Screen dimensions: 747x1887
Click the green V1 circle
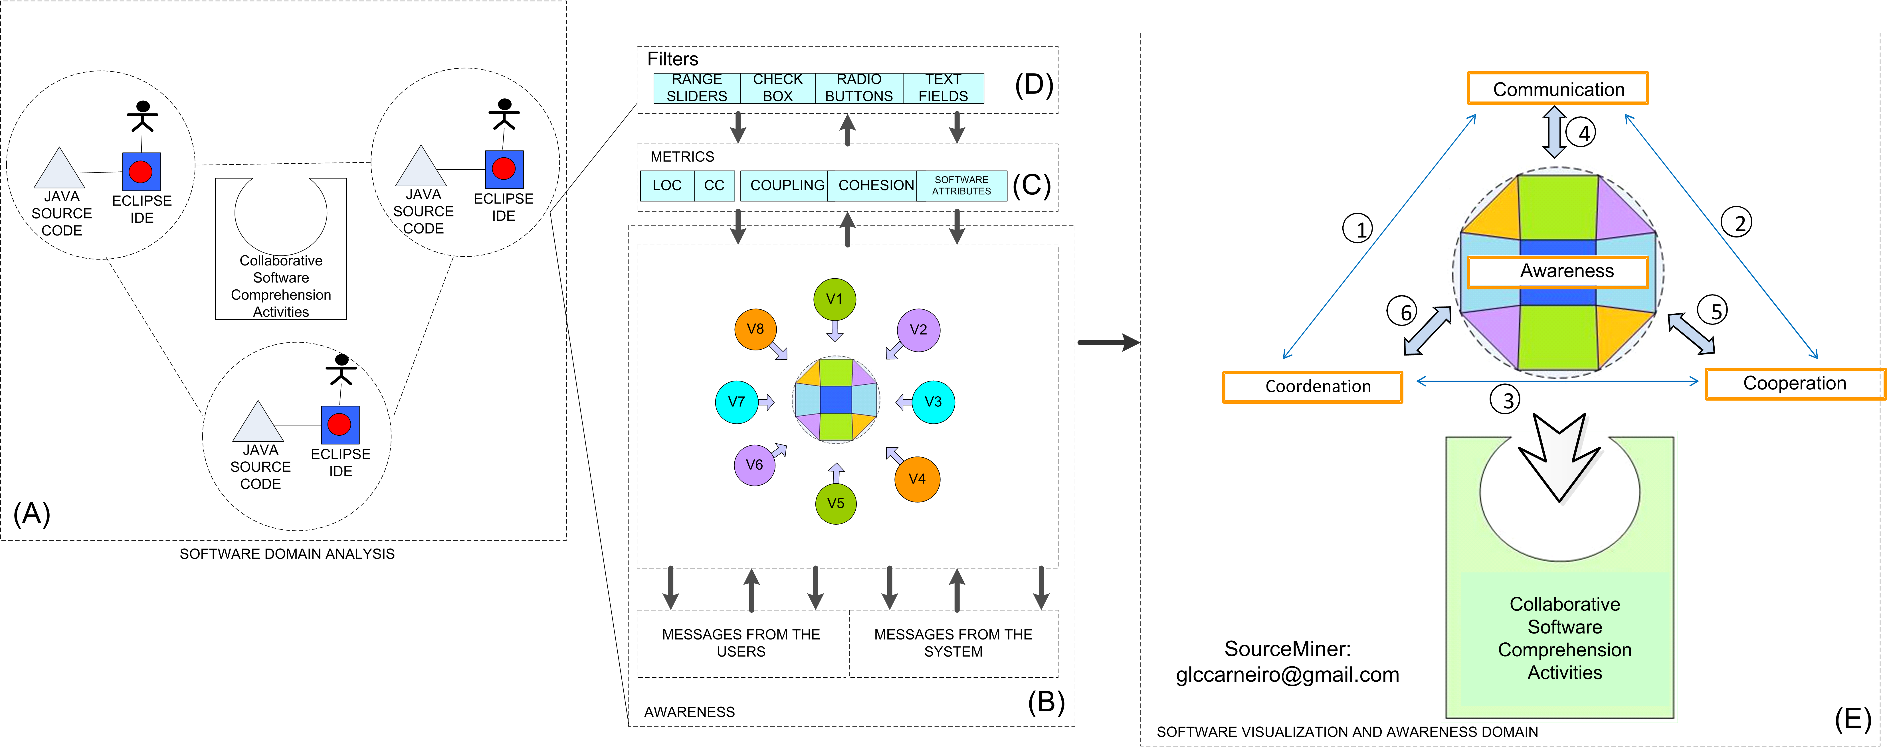(x=834, y=299)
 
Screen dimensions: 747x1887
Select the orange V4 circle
(x=916, y=479)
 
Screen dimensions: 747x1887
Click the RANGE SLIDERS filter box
(x=697, y=88)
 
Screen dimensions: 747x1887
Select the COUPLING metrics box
(x=787, y=185)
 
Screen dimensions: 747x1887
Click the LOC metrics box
(x=666, y=185)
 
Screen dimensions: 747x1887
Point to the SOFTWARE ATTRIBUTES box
(x=961, y=185)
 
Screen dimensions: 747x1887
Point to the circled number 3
(x=1506, y=400)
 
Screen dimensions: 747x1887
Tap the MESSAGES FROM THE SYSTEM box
(x=953, y=643)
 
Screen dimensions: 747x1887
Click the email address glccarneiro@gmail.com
(x=1287, y=675)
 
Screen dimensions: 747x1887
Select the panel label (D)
(x=1034, y=85)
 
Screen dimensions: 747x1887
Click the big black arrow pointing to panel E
(x=1108, y=342)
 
